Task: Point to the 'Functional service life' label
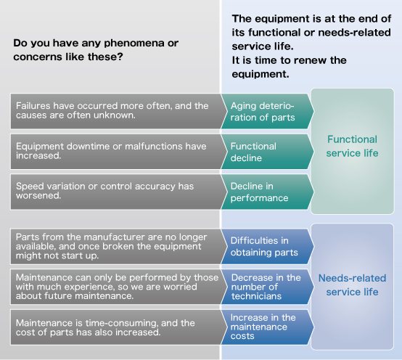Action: coord(352,146)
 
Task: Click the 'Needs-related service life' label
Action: coord(352,285)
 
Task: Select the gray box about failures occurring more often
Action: coord(119,111)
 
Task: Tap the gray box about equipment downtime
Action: coord(119,152)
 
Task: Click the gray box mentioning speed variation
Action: coord(119,192)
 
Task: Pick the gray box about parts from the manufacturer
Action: coord(119,246)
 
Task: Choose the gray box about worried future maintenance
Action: coord(119,287)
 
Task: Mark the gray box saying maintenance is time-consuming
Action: coord(119,327)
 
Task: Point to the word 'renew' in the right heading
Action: coord(311,60)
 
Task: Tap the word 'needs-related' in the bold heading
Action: coord(355,33)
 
